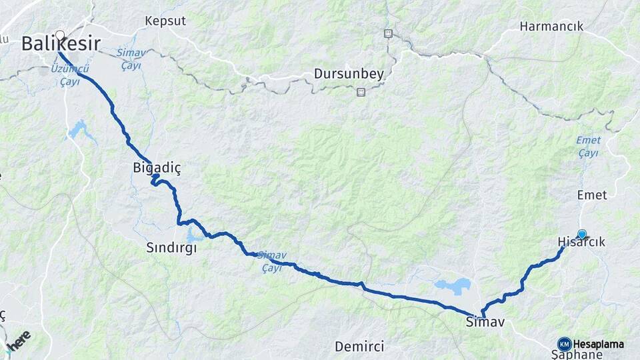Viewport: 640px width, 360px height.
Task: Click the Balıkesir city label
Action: (61, 45)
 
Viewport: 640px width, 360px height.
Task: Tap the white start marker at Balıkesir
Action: (60, 35)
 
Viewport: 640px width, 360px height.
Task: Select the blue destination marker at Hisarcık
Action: (582, 234)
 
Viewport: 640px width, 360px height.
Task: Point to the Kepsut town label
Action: (165, 21)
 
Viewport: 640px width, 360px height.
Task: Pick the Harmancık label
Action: (551, 26)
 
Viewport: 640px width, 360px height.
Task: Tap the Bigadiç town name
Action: (157, 169)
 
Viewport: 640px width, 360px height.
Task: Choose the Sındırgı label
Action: (171, 248)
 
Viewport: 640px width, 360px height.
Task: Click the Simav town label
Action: (485, 323)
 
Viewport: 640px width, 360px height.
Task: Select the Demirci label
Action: (359, 346)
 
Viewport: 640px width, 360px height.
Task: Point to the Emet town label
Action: (592, 195)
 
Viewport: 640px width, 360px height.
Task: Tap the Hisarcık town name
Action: (581, 243)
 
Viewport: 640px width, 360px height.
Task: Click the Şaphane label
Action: (577, 355)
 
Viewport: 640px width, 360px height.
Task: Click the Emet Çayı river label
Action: (588, 147)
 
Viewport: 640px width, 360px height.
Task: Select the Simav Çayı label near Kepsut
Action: (130, 59)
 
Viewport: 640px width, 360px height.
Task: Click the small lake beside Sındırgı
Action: (195, 236)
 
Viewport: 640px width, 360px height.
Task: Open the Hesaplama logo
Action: (591, 344)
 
